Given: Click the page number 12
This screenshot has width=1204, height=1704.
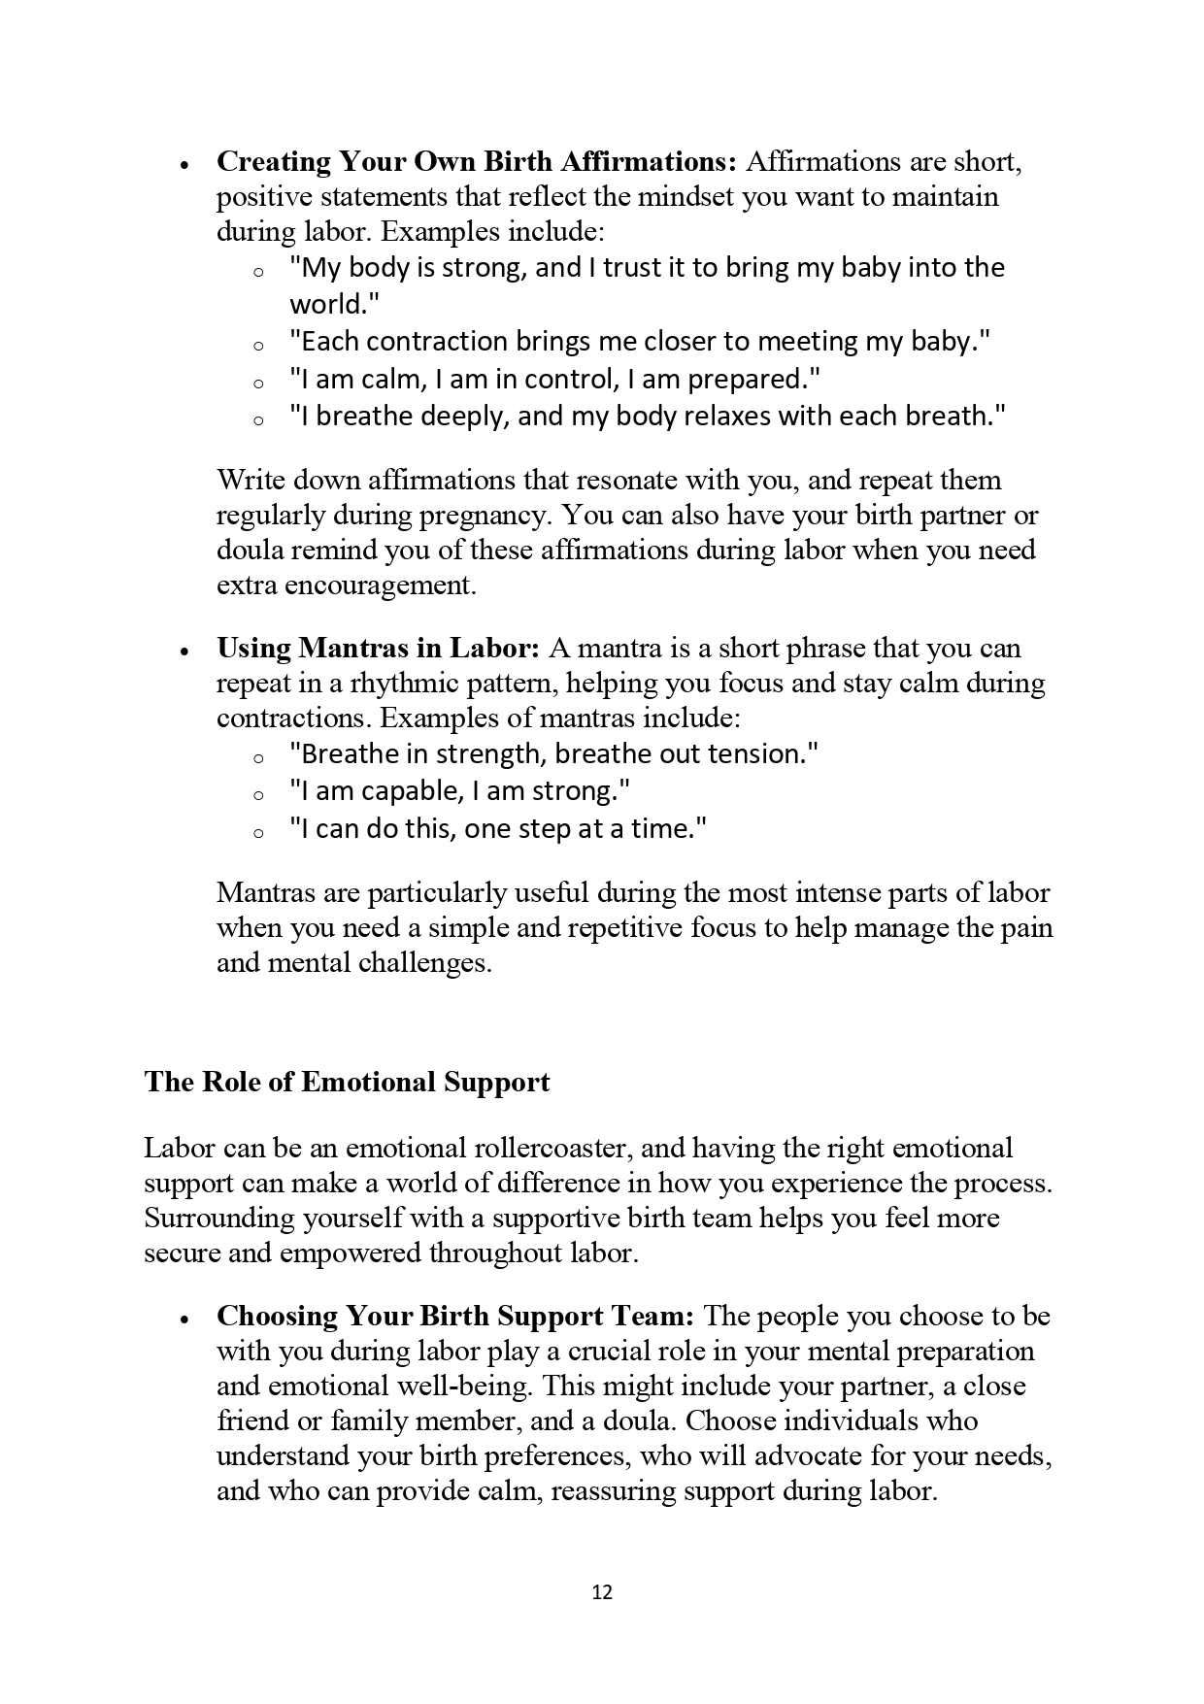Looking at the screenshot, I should click(602, 1592).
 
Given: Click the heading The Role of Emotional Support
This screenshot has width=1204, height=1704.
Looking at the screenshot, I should click(347, 1083).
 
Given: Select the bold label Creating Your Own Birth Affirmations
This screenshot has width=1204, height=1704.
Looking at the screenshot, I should click(477, 161).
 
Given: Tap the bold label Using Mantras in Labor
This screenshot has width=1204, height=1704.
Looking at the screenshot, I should click(378, 648).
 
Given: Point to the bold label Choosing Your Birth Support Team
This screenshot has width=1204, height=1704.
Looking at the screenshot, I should click(455, 1316).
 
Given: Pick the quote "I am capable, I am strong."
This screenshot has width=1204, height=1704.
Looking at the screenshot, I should click(460, 791).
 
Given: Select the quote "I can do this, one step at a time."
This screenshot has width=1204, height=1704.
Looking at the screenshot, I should click(497, 828).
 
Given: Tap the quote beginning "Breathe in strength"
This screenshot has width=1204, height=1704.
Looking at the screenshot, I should click(553, 754).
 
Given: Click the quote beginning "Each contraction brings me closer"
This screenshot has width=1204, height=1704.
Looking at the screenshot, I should click(641, 342).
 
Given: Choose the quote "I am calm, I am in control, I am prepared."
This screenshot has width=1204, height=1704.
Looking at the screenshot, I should click(555, 379).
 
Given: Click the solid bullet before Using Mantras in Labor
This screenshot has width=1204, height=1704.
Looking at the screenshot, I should click(184, 652).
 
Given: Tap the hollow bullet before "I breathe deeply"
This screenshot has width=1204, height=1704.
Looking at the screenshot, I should click(258, 421).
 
